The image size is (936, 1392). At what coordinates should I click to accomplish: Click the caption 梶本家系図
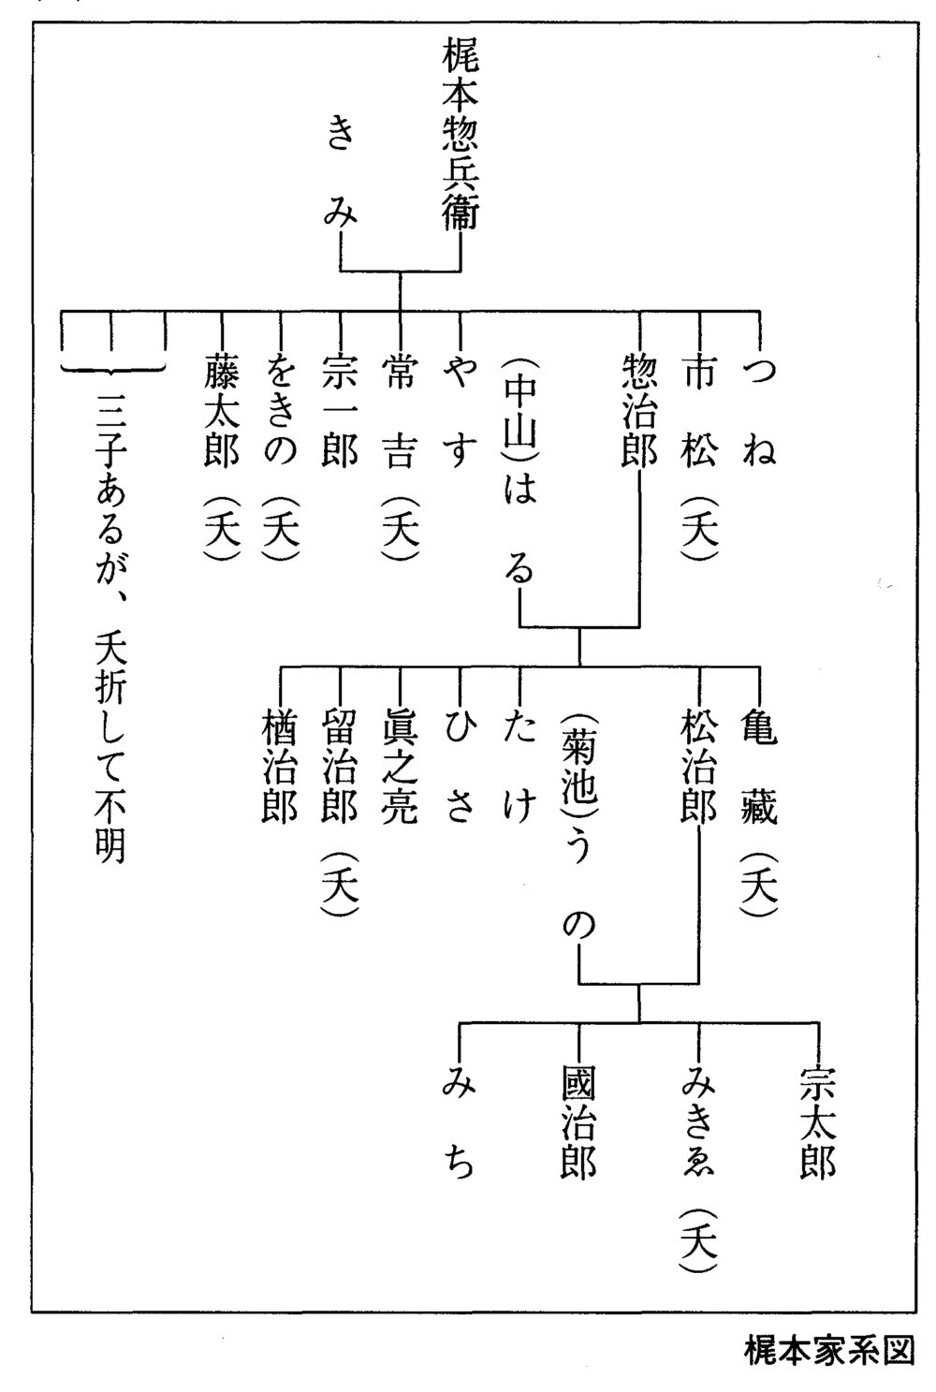pos(827,1351)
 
